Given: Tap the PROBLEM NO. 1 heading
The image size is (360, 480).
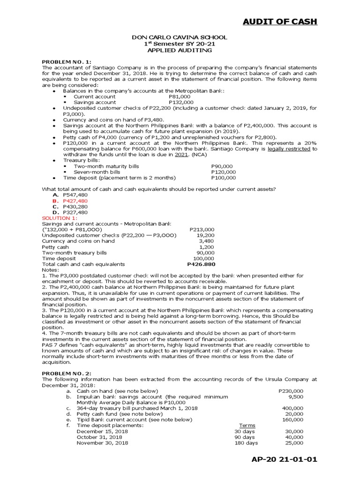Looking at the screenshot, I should click(x=67, y=62).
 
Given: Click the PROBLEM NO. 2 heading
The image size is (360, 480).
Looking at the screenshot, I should click(x=67, y=373).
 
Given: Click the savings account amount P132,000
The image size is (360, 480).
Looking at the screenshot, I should click(x=181, y=102).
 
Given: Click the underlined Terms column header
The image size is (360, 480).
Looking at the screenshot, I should click(x=247, y=426).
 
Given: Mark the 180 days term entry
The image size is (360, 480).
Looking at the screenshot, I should click(x=246, y=443).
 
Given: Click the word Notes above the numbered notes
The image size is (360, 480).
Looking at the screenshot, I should click(x=50, y=270).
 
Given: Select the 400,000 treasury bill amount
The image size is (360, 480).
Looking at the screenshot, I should click(x=292, y=408).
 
